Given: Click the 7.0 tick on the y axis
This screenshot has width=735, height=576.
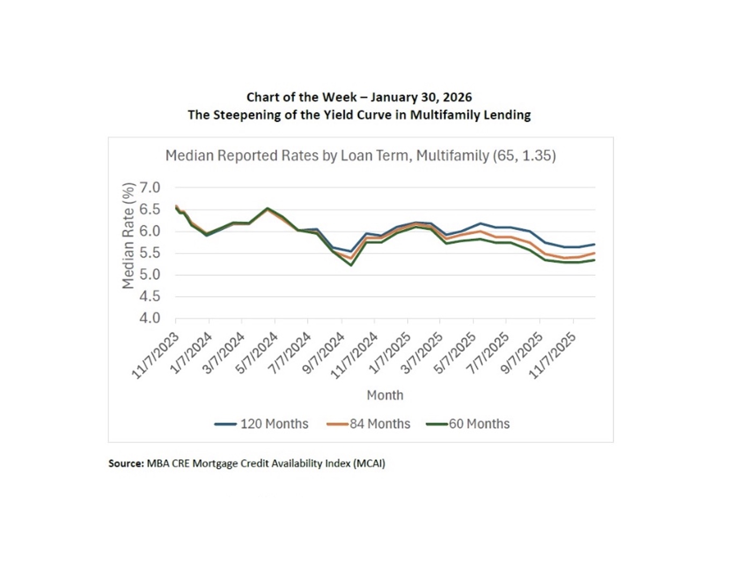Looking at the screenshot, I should [x=150, y=188].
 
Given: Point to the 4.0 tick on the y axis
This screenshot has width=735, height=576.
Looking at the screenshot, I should [x=150, y=318].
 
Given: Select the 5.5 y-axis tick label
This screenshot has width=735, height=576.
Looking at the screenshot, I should [x=150, y=253].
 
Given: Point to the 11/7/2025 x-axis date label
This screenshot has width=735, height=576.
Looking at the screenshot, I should [x=553, y=355].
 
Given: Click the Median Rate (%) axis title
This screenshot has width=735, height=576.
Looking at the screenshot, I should [x=128, y=236].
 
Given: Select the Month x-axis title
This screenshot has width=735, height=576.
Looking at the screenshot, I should [x=385, y=395].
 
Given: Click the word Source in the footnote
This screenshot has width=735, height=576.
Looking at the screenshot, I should [x=126, y=463].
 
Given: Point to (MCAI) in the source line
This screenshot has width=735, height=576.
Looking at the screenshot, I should [x=369, y=463].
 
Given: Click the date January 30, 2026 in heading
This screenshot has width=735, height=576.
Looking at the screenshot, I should [x=421, y=98].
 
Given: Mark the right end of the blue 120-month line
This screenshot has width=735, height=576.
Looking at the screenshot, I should [x=594, y=245].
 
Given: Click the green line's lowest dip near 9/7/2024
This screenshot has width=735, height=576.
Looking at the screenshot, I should [x=351, y=265].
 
